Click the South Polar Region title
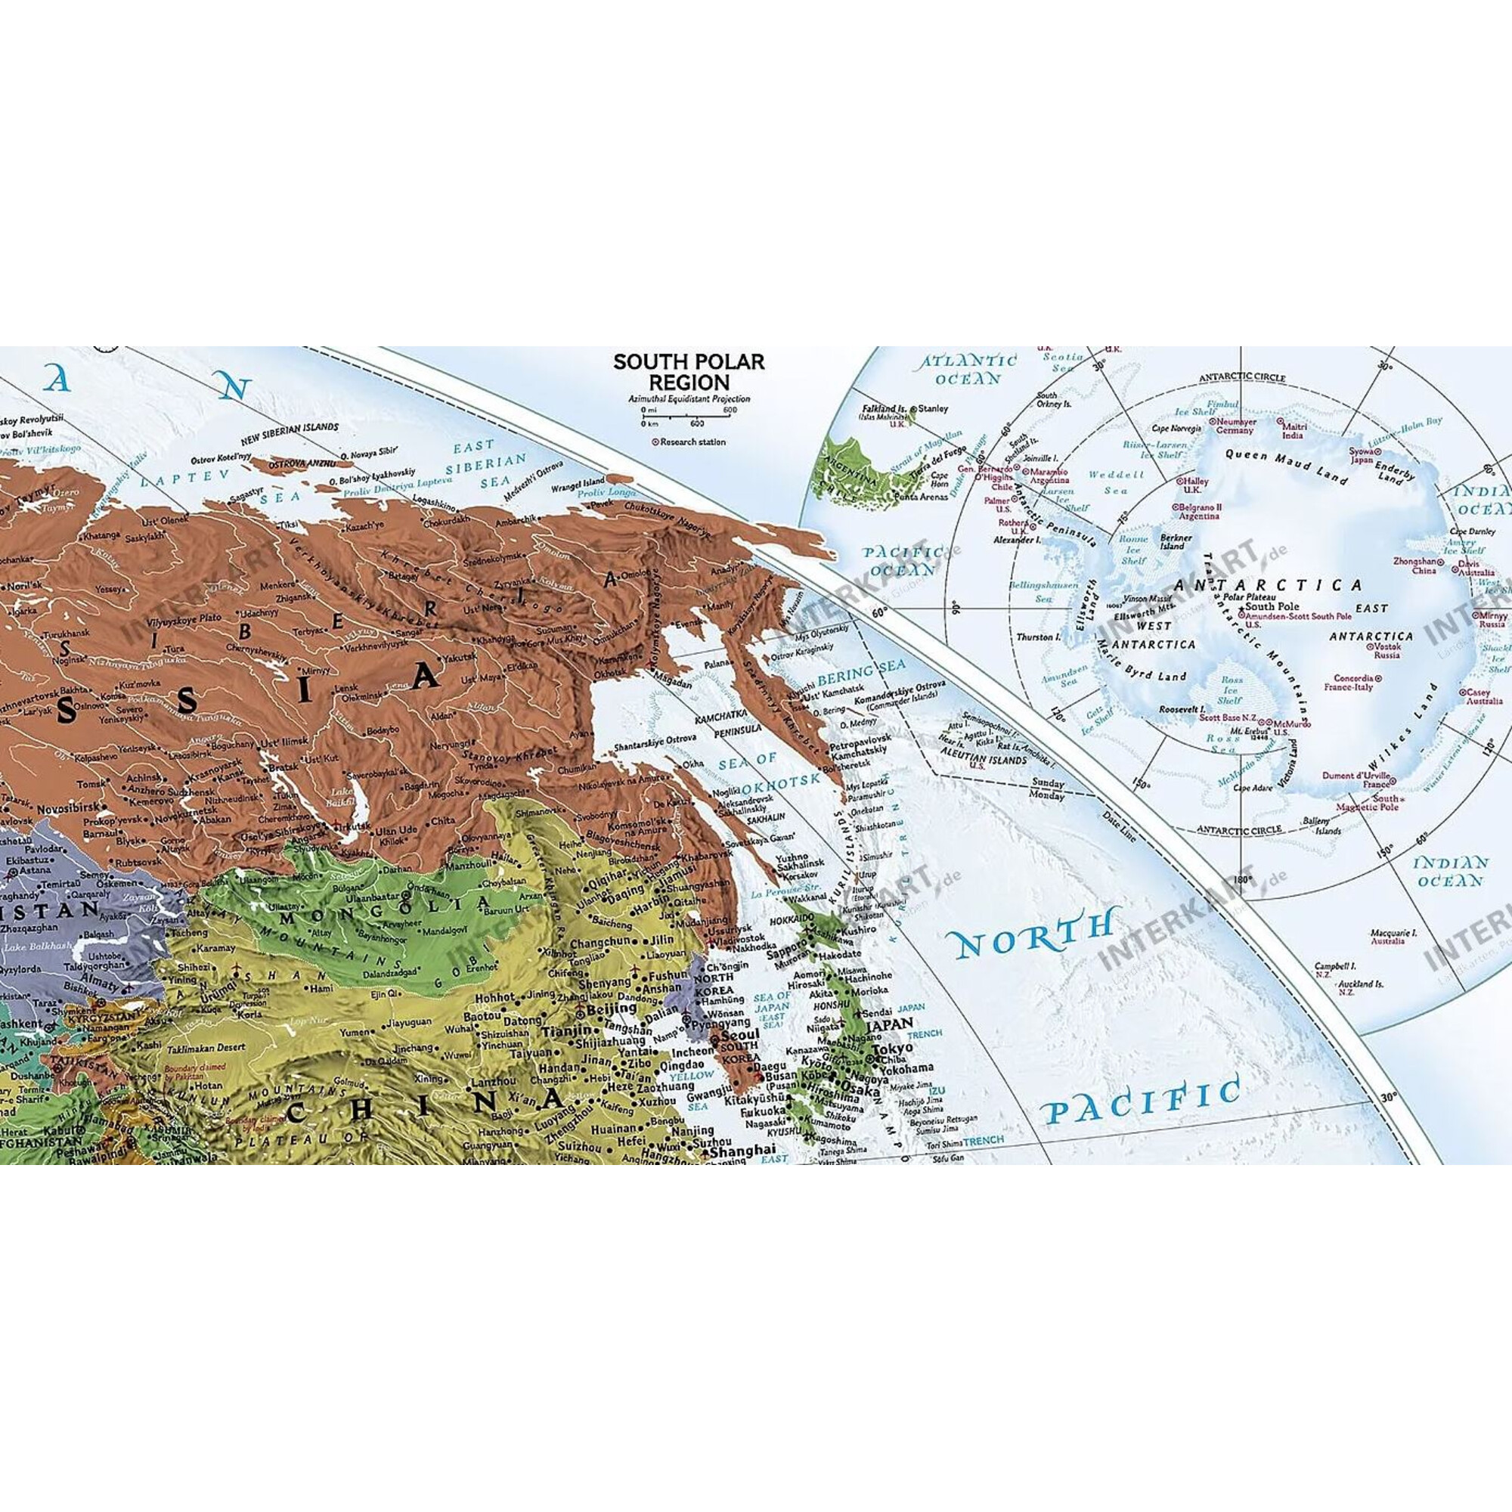click(x=688, y=372)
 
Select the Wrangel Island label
click(x=582, y=482)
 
